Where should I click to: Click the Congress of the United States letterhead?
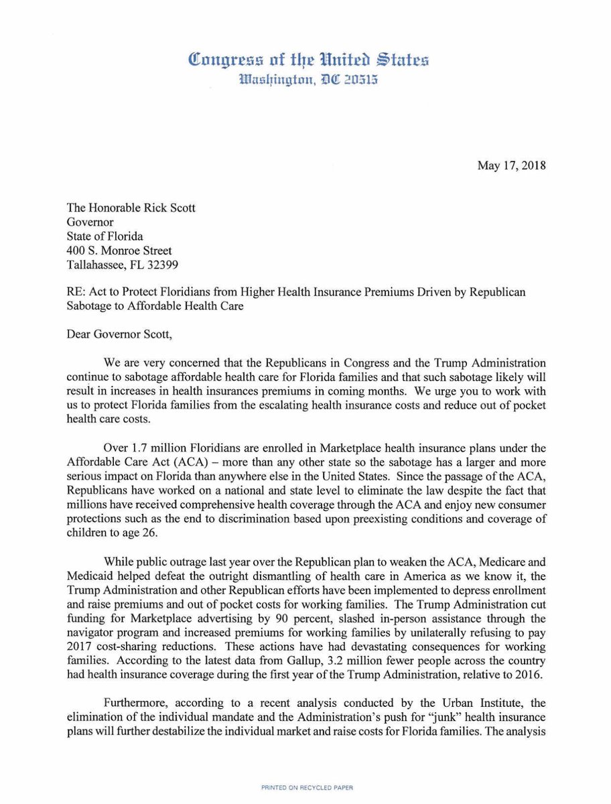coord(309,60)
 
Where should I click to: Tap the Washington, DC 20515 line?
coord(309,80)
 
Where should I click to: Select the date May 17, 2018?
coord(512,165)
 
